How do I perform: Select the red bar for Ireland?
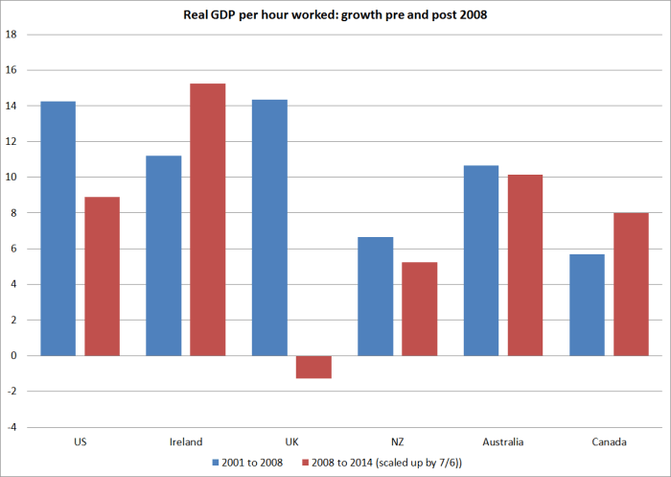(207, 220)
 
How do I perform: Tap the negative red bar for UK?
(313, 367)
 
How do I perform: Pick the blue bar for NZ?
(375, 297)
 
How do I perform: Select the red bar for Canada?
(631, 284)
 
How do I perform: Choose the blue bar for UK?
(269, 227)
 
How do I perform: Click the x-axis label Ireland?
(186, 442)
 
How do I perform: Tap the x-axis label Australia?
(503, 442)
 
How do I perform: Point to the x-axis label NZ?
(397, 442)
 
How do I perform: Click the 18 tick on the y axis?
(12, 35)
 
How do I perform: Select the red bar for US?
(102, 276)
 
